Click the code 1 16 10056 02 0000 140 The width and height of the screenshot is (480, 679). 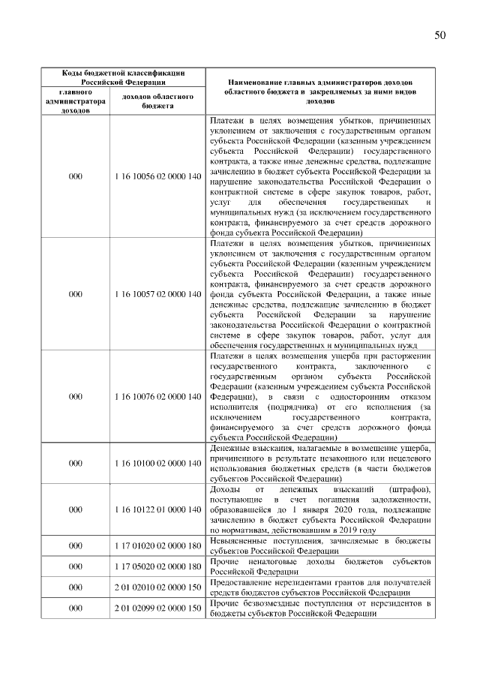pyautogui.click(x=158, y=176)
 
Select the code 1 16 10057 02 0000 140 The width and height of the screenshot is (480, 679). pyautogui.click(x=158, y=294)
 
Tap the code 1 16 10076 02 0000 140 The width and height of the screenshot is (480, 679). pyautogui.click(x=158, y=395)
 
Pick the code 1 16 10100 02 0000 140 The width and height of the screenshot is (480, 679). pyautogui.click(x=158, y=463)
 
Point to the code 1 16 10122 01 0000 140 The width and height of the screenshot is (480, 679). pyautogui.click(x=158, y=509)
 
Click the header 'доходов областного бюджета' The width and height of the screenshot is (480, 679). pyautogui.click(x=158, y=101)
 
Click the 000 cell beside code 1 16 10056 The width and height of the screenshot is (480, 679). pyautogui.click(x=75, y=176)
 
